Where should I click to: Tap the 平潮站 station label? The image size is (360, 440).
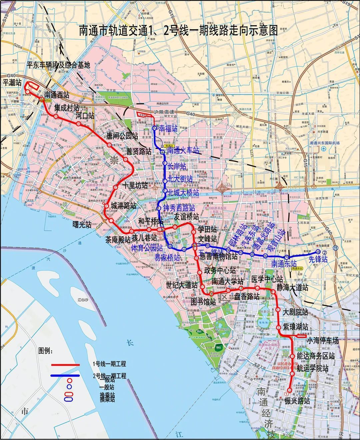[x=12, y=82]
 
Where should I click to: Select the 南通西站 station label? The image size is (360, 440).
[x=57, y=95]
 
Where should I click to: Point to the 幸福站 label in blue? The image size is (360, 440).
[x=168, y=128]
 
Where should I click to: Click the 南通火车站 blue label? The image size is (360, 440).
[x=183, y=151]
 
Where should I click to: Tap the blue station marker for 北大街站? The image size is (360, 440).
[x=165, y=180]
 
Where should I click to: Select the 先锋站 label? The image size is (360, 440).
[x=318, y=259]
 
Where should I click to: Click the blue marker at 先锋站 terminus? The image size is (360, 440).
[x=318, y=252]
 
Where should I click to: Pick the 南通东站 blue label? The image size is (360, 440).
[x=284, y=264]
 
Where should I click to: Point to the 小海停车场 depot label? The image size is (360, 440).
[x=322, y=341]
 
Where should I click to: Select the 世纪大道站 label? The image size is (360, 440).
[x=182, y=285]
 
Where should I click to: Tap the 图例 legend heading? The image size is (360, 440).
[x=46, y=351]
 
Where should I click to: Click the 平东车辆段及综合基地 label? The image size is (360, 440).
[x=58, y=65]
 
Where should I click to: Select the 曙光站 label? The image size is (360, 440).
[x=82, y=225]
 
